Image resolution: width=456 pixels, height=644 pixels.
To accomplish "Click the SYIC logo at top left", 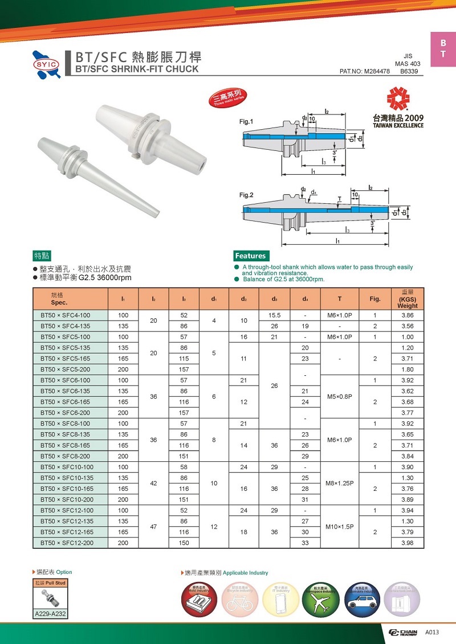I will tap(47, 62).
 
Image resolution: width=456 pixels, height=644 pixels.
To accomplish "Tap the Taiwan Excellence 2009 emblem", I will tap(398, 108).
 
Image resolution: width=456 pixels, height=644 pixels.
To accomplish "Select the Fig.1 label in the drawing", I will tap(246, 122).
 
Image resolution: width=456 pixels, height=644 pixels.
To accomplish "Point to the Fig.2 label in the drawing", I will tap(246, 195).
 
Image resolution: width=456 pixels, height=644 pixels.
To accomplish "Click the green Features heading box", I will tap(250, 256).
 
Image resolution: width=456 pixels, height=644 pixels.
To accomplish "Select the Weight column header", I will tap(408, 299).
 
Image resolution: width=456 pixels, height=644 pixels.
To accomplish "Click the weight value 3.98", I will tap(408, 543).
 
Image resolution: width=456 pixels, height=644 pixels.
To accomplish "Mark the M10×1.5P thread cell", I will tap(340, 527).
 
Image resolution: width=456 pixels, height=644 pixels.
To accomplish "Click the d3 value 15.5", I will tap(274, 315).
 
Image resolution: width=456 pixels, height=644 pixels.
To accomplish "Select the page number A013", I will tap(433, 633).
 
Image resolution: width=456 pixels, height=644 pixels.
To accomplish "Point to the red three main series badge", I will tap(227, 99).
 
